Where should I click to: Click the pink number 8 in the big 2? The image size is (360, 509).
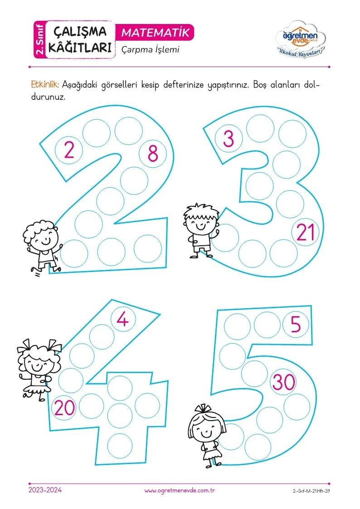point(153,154)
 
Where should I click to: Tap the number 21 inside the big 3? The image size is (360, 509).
point(306,233)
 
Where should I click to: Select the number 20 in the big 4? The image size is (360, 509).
point(64,408)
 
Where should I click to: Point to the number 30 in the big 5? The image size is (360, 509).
point(284,382)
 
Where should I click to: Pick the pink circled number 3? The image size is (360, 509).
point(229,139)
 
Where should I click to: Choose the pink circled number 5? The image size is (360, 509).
point(296,324)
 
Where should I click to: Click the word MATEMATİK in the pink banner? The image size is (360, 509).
point(155,33)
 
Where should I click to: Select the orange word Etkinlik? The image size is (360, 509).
point(45,85)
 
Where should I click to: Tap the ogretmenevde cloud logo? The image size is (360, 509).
point(300,39)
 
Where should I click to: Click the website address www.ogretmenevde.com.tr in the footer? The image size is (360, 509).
point(180,491)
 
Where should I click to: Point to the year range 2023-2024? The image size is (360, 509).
point(45,490)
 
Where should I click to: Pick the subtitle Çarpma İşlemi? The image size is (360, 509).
point(150,50)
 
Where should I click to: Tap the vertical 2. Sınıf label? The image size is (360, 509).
point(40,39)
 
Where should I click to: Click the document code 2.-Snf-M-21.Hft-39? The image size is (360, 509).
point(311,491)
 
